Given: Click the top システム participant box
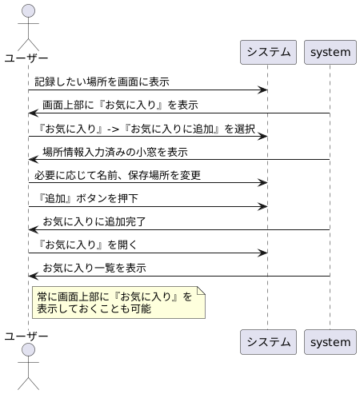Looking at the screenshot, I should [268, 53].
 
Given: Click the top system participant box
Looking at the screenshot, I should [330, 53].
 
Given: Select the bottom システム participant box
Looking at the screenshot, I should [268, 342].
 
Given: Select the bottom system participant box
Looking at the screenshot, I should [330, 342].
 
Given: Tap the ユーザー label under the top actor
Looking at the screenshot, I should [26, 58].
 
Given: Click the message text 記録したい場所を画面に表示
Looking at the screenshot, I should [102, 82].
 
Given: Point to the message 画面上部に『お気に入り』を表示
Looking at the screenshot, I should [120, 105].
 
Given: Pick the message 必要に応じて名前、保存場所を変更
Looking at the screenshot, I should [117, 175].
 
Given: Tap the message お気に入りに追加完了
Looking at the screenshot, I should [94, 221].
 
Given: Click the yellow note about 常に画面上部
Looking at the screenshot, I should [118, 302].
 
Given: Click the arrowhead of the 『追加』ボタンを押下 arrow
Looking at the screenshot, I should [262, 206].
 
